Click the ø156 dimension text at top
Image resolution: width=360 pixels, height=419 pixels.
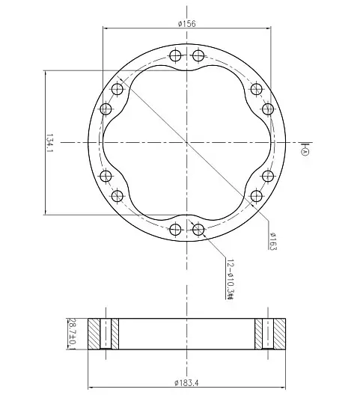tap(186, 23)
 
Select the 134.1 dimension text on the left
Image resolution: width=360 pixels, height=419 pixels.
tap(49, 142)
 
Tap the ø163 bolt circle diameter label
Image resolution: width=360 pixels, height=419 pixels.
tap(272, 242)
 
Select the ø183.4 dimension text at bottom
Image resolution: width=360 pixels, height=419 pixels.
tap(186, 382)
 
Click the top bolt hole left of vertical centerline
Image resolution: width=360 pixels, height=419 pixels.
tap(175, 56)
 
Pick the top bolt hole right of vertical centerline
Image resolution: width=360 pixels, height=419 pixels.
tap(198, 56)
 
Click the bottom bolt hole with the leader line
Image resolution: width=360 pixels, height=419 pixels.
tap(198, 229)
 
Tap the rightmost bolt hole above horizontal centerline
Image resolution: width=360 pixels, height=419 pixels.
tap(269, 110)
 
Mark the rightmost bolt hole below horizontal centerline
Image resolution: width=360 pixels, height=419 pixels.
tap(269, 175)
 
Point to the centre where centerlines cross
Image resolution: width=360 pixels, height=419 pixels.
tap(186, 142)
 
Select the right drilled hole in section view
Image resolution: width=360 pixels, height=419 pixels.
tap(267, 334)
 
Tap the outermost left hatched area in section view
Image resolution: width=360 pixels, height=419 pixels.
tap(94, 334)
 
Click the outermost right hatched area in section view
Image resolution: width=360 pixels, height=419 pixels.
tap(278, 334)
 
